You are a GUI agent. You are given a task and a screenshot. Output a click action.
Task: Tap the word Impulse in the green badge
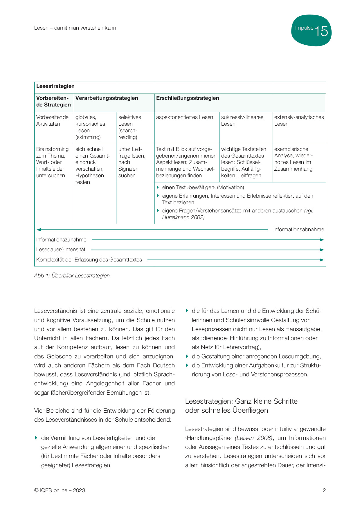[x=304, y=28]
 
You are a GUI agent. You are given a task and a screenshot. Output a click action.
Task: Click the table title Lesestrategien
[x=55, y=86]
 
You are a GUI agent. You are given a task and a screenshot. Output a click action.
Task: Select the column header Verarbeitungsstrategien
[x=107, y=98]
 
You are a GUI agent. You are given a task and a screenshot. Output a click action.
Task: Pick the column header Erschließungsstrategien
[x=188, y=98]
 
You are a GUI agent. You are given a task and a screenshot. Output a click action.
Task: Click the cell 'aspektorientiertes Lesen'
[x=184, y=117]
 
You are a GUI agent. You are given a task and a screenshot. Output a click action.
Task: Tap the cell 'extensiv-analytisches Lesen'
[x=299, y=120]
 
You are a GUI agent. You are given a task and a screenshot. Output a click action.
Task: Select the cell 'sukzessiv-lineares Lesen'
[x=242, y=120]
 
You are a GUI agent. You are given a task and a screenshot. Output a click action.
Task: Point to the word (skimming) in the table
[x=88, y=137]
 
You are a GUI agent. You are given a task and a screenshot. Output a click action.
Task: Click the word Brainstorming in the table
[x=52, y=149]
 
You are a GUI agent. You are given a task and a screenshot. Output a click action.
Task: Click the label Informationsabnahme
[x=298, y=230]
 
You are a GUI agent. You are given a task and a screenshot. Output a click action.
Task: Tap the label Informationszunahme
[x=61, y=240]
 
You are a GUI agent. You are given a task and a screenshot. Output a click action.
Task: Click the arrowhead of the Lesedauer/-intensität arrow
[x=322, y=250]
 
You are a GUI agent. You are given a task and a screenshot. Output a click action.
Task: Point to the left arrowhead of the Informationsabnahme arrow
[x=39, y=230]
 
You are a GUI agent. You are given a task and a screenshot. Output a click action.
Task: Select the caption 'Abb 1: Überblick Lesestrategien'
[x=72, y=276]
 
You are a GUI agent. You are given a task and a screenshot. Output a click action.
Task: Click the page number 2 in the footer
[x=324, y=490]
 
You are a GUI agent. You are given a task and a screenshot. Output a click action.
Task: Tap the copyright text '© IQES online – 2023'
[x=60, y=490]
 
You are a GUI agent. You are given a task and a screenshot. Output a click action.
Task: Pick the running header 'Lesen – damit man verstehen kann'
[x=75, y=28]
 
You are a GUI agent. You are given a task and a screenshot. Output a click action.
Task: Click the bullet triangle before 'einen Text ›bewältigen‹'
[x=158, y=187]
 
